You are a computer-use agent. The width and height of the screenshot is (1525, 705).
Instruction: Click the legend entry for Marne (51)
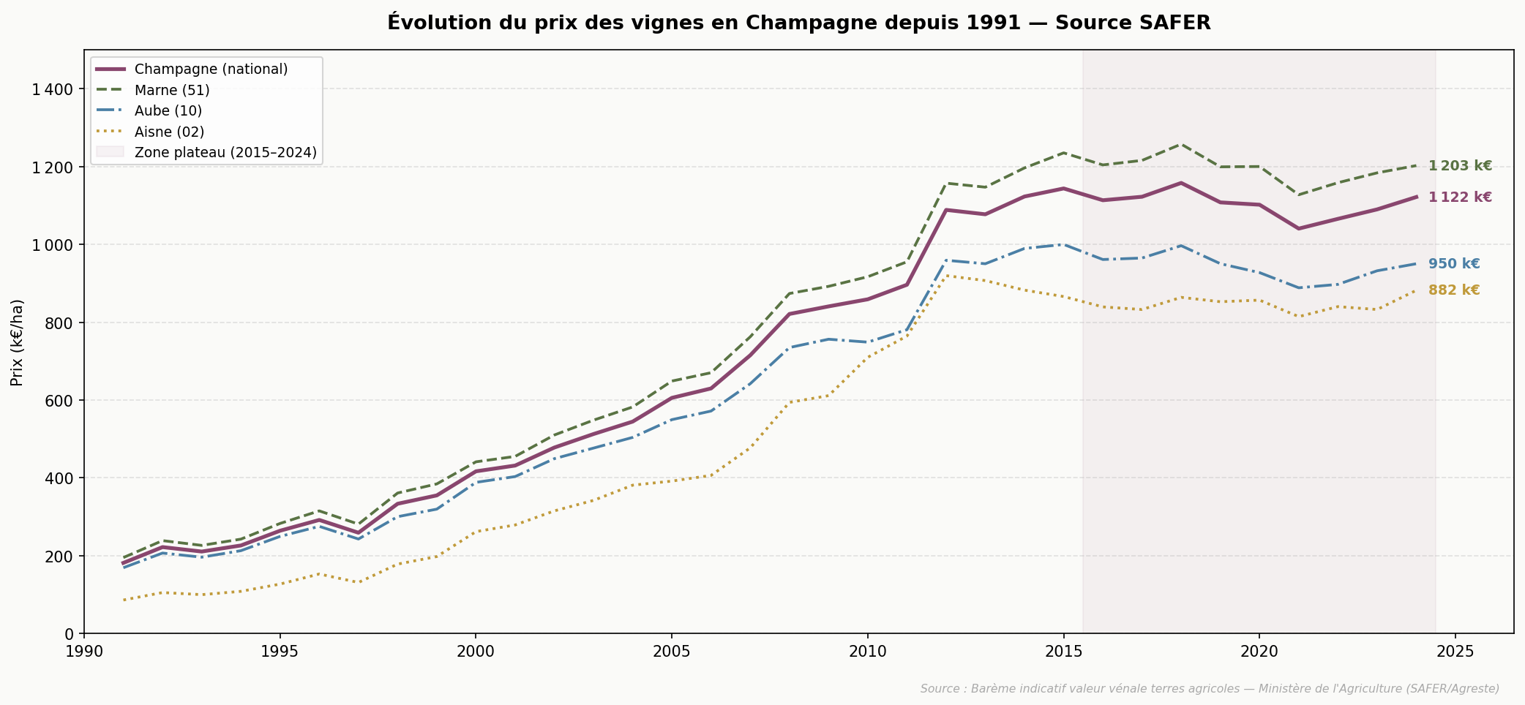tap(172, 90)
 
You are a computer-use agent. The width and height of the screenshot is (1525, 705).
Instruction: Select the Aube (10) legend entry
tap(168, 111)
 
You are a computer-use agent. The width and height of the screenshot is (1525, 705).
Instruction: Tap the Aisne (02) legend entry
tap(169, 132)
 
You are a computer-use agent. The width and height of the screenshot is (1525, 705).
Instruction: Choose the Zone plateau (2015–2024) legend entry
tap(225, 153)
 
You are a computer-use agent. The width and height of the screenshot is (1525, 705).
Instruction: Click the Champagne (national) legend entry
tap(211, 69)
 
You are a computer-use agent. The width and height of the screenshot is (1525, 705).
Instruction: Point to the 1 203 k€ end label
tap(1460, 166)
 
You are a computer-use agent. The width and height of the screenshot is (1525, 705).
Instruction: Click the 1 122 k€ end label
tap(1460, 197)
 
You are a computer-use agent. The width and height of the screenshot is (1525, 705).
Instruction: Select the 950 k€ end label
tap(1453, 264)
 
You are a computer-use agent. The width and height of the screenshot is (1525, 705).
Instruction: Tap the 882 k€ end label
tap(1453, 290)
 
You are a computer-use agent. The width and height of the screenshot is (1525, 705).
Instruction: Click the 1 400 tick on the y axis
tap(53, 89)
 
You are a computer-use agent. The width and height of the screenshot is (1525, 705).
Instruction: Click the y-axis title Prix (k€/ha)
tap(18, 342)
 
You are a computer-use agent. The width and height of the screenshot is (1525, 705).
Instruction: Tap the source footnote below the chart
tap(1209, 689)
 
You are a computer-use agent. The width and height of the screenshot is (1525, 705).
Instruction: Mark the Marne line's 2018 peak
tap(1180, 144)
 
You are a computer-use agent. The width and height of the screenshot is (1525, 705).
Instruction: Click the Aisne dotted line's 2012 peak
tap(946, 275)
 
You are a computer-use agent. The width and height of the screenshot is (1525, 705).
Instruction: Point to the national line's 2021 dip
tap(1298, 228)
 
